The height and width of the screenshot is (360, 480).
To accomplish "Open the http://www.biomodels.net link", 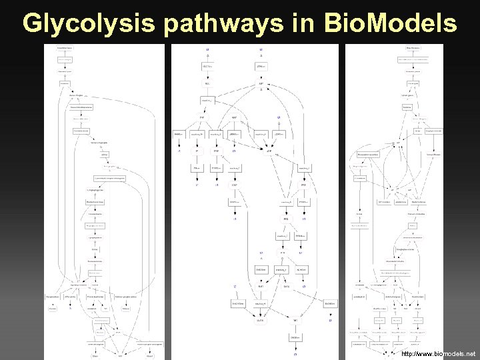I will pos(439,353).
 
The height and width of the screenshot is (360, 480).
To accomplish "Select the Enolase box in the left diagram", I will pos(95,248).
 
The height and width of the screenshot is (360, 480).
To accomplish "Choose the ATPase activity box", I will pos(72,295).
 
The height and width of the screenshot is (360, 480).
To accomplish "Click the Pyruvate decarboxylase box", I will pos(97,295).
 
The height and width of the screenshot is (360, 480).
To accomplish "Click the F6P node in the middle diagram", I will pos(202,117).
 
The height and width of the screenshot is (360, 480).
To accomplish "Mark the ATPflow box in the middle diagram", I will pos(261,67).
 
